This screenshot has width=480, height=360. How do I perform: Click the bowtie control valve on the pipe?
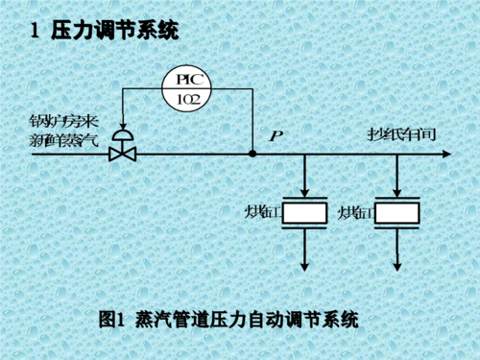(x=122, y=152)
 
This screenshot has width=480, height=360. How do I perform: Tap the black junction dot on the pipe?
(x=252, y=153)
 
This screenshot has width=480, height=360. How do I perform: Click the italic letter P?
(x=276, y=135)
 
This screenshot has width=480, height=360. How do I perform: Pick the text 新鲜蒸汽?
(x=60, y=142)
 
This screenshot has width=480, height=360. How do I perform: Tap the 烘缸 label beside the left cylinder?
(x=260, y=212)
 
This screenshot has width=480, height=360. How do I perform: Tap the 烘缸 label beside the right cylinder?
(x=353, y=212)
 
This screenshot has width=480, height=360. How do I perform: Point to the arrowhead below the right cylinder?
(x=397, y=265)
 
